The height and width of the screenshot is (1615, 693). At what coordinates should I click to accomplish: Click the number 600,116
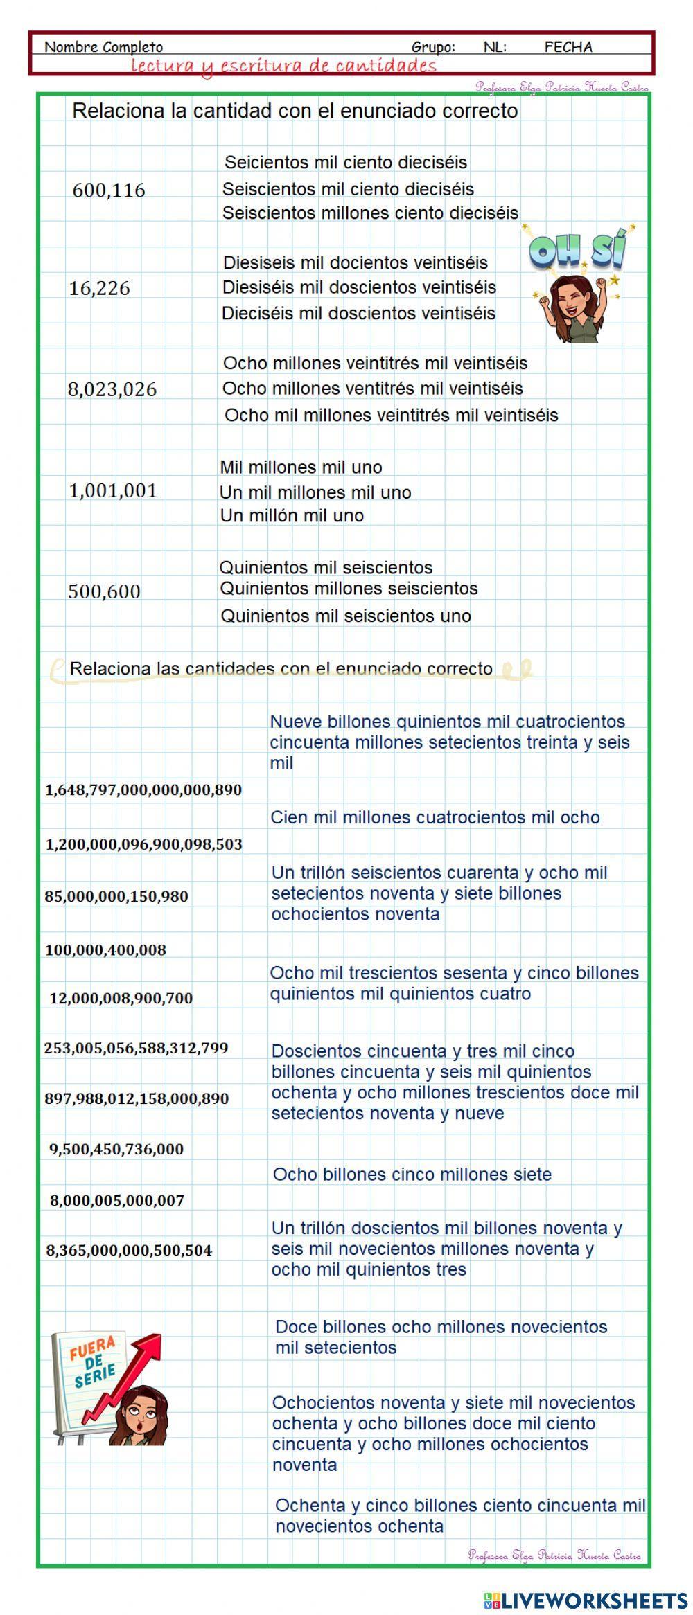(109, 190)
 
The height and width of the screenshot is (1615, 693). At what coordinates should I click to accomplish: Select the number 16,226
(99, 289)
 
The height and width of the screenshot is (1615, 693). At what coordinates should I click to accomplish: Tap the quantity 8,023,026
(112, 389)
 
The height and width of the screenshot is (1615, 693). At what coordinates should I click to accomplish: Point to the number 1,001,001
(113, 491)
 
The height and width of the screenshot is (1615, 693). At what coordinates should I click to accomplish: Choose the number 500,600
(104, 591)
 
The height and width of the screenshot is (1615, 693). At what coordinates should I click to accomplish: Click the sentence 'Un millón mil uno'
(292, 516)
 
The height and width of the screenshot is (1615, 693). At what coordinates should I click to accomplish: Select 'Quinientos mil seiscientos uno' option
(345, 616)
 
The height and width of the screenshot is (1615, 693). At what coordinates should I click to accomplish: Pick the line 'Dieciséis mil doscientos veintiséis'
(358, 314)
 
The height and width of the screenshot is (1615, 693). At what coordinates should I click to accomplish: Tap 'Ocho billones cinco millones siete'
(412, 1175)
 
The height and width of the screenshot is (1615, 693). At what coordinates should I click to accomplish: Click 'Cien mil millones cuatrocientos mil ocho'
(435, 817)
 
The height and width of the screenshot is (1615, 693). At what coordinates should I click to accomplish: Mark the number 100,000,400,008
(105, 950)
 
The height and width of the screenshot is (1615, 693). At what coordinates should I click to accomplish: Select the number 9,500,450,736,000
(116, 1150)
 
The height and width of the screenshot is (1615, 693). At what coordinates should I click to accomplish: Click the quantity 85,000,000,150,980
(116, 896)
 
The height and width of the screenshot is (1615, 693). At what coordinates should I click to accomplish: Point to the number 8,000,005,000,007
(117, 1201)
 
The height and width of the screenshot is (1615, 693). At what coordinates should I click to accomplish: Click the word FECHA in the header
(568, 47)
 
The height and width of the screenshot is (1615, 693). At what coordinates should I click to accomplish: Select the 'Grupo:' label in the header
(433, 47)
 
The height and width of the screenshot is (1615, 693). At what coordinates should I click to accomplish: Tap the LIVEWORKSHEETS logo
(586, 1599)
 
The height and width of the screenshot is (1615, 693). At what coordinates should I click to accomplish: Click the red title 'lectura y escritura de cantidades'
(284, 66)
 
